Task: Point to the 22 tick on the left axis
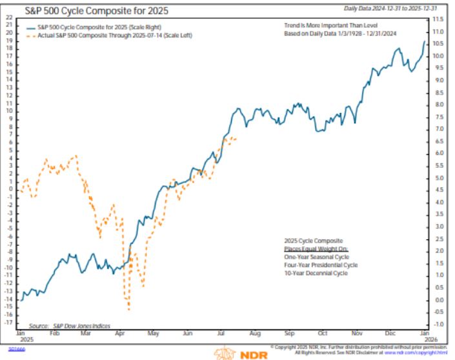click(9, 17)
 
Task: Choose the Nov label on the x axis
click(356, 335)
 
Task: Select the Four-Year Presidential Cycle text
click(321, 265)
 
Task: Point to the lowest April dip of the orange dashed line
click(128, 310)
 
